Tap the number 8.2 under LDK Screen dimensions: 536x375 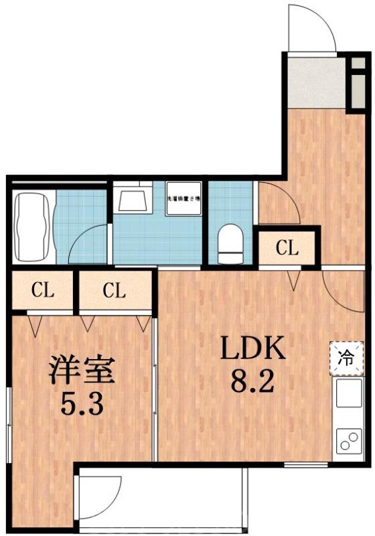(x=254, y=383)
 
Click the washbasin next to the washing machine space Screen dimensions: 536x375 (x=133, y=198)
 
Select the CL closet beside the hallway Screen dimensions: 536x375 (x=287, y=249)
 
